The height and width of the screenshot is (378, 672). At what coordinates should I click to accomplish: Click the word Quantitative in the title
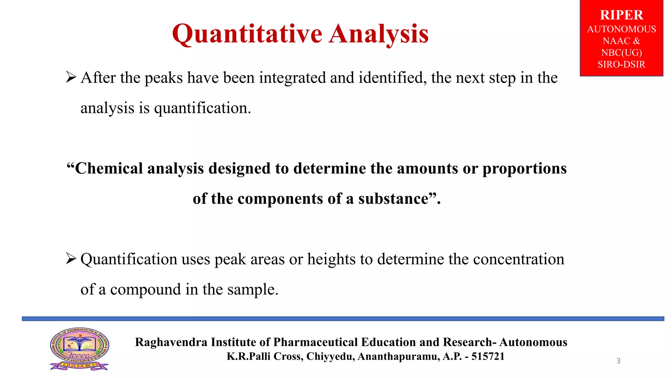coord(247,34)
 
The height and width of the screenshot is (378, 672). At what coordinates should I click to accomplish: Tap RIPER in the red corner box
coord(621,15)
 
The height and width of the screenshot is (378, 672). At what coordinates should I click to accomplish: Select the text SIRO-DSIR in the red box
coord(621,64)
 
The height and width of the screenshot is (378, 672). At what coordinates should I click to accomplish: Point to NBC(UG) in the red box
coord(621,52)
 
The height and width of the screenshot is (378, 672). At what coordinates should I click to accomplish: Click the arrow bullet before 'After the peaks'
coord(71,77)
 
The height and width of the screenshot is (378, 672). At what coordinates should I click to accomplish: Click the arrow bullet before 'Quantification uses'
coord(71,259)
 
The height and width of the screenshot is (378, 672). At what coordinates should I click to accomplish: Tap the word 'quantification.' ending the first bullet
coord(202,108)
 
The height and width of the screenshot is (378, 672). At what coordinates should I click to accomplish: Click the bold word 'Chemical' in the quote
coord(108,169)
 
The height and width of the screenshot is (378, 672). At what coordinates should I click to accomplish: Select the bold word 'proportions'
coord(524,169)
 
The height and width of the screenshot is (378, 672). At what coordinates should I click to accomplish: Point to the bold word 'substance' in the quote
coord(393,199)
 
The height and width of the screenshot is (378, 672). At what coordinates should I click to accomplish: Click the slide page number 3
coord(618,361)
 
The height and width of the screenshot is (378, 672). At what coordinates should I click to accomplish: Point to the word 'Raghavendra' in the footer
coord(171,342)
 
